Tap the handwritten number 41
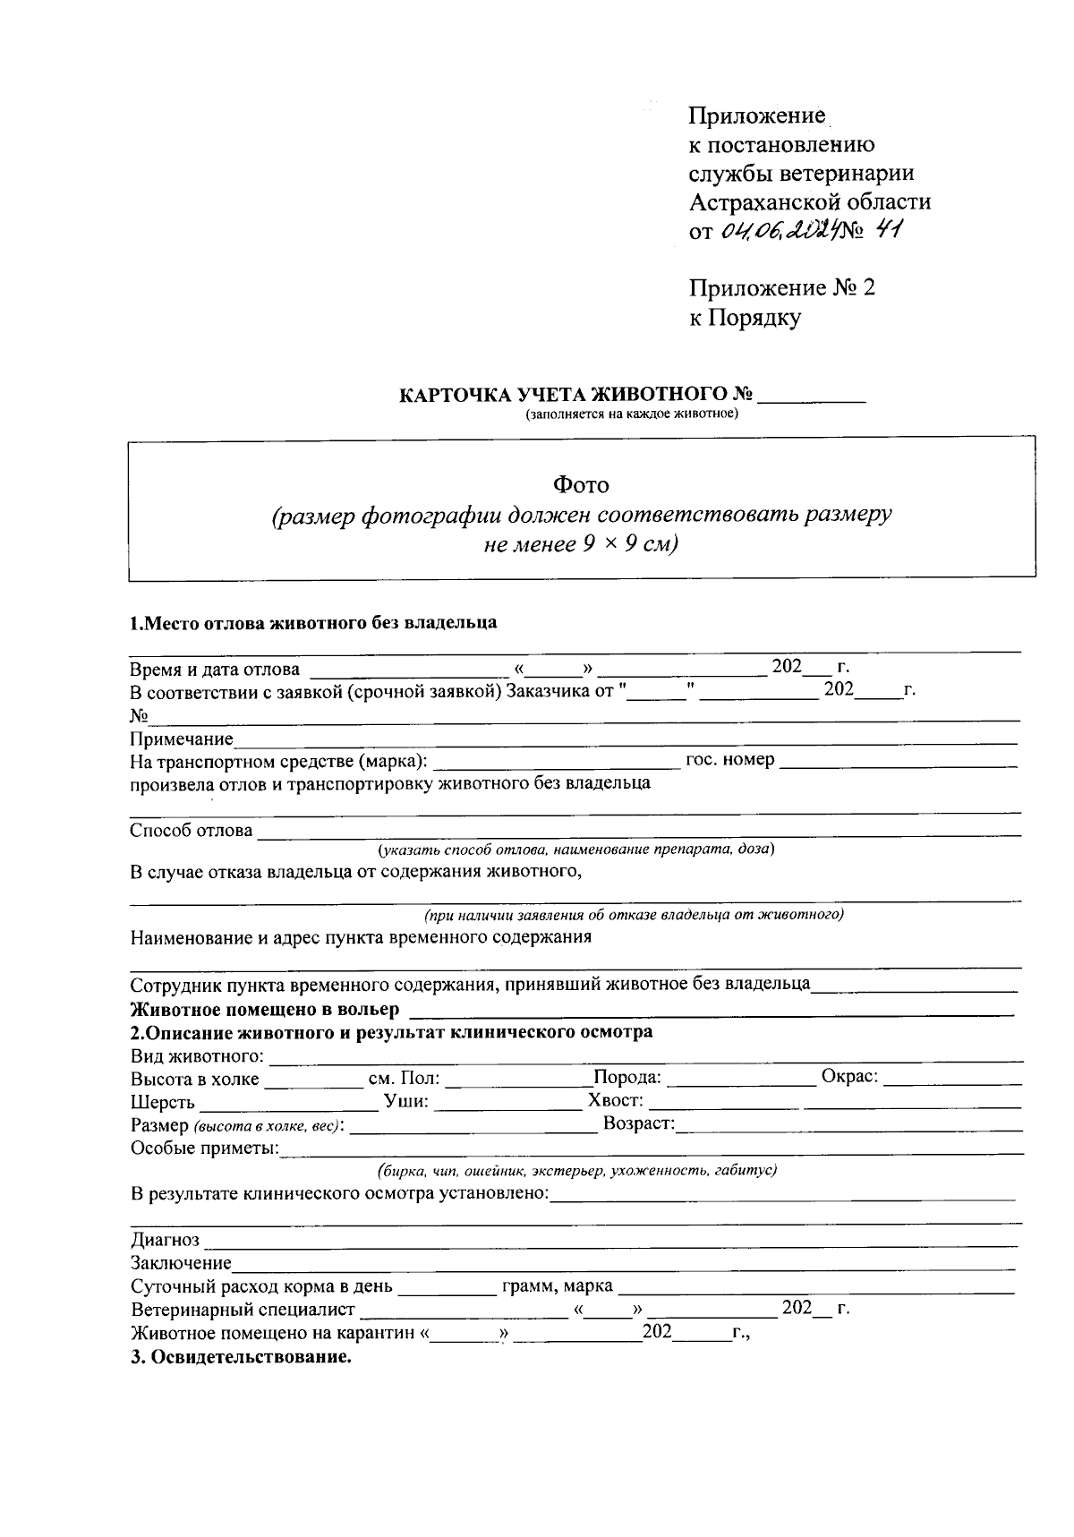tap(890, 230)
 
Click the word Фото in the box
tap(581, 485)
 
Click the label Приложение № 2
tap(781, 288)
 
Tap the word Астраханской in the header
tap(763, 201)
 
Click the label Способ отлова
tap(192, 831)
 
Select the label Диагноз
tap(166, 1241)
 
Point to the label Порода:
tap(627, 1078)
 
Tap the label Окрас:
tap(849, 1077)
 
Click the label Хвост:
tap(616, 1101)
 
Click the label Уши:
tap(406, 1101)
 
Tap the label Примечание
tap(181, 739)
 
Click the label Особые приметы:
tap(205, 1148)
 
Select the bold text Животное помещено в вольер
tap(265, 1010)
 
